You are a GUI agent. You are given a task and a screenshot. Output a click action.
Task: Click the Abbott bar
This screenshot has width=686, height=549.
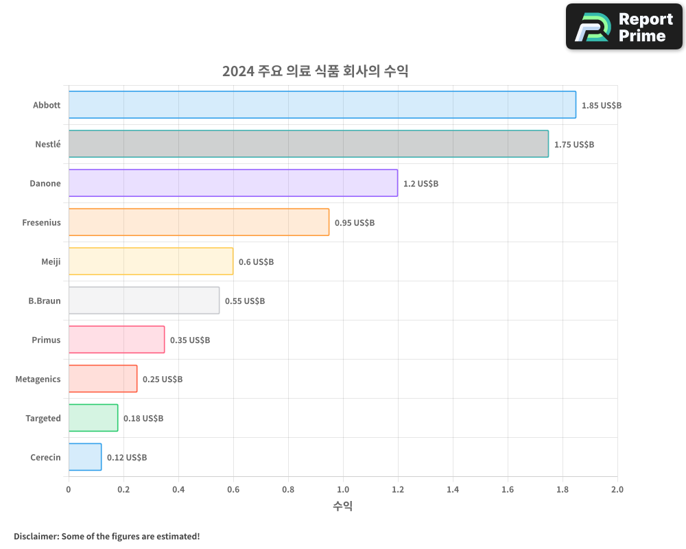tap(322, 105)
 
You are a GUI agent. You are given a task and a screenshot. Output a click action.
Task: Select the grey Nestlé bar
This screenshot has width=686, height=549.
tap(308, 144)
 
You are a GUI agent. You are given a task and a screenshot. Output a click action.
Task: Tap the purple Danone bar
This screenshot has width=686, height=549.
tap(233, 183)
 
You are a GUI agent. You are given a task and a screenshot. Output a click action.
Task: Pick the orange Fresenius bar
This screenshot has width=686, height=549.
tap(198, 222)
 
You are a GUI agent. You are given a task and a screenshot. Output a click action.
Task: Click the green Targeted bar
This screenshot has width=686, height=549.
tap(93, 418)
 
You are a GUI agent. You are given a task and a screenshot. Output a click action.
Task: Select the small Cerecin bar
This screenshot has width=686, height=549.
tap(85, 457)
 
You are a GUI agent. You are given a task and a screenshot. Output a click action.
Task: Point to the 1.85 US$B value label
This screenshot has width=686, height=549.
tap(601, 106)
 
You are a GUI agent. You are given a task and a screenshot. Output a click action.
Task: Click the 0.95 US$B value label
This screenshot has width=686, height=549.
tap(355, 223)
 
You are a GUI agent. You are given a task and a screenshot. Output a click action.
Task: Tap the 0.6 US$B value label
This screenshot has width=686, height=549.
tap(256, 262)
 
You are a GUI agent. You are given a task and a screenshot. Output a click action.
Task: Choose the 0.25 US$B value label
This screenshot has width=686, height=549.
tap(163, 379)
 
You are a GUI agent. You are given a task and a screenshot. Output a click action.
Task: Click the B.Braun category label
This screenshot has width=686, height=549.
tap(45, 301)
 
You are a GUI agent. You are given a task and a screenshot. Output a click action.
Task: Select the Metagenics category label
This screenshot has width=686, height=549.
tap(38, 379)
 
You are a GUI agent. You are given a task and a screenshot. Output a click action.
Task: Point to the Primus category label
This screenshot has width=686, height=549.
tap(46, 340)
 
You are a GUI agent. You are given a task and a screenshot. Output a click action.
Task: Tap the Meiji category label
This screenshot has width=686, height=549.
tap(51, 261)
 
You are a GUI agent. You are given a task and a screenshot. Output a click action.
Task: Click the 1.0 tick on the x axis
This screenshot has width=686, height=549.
tap(343, 490)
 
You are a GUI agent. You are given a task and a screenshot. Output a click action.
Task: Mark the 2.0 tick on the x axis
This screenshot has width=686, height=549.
tap(617, 490)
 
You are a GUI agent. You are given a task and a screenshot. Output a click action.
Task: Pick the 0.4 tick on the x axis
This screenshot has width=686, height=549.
tap(178, 490)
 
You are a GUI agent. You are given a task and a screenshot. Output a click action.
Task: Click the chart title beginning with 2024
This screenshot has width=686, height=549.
tap(315, 71)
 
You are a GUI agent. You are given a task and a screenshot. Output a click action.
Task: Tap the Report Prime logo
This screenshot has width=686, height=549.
tap(624, 27)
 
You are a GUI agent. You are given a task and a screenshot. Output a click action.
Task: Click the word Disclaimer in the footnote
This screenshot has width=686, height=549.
tap(36, 536)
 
